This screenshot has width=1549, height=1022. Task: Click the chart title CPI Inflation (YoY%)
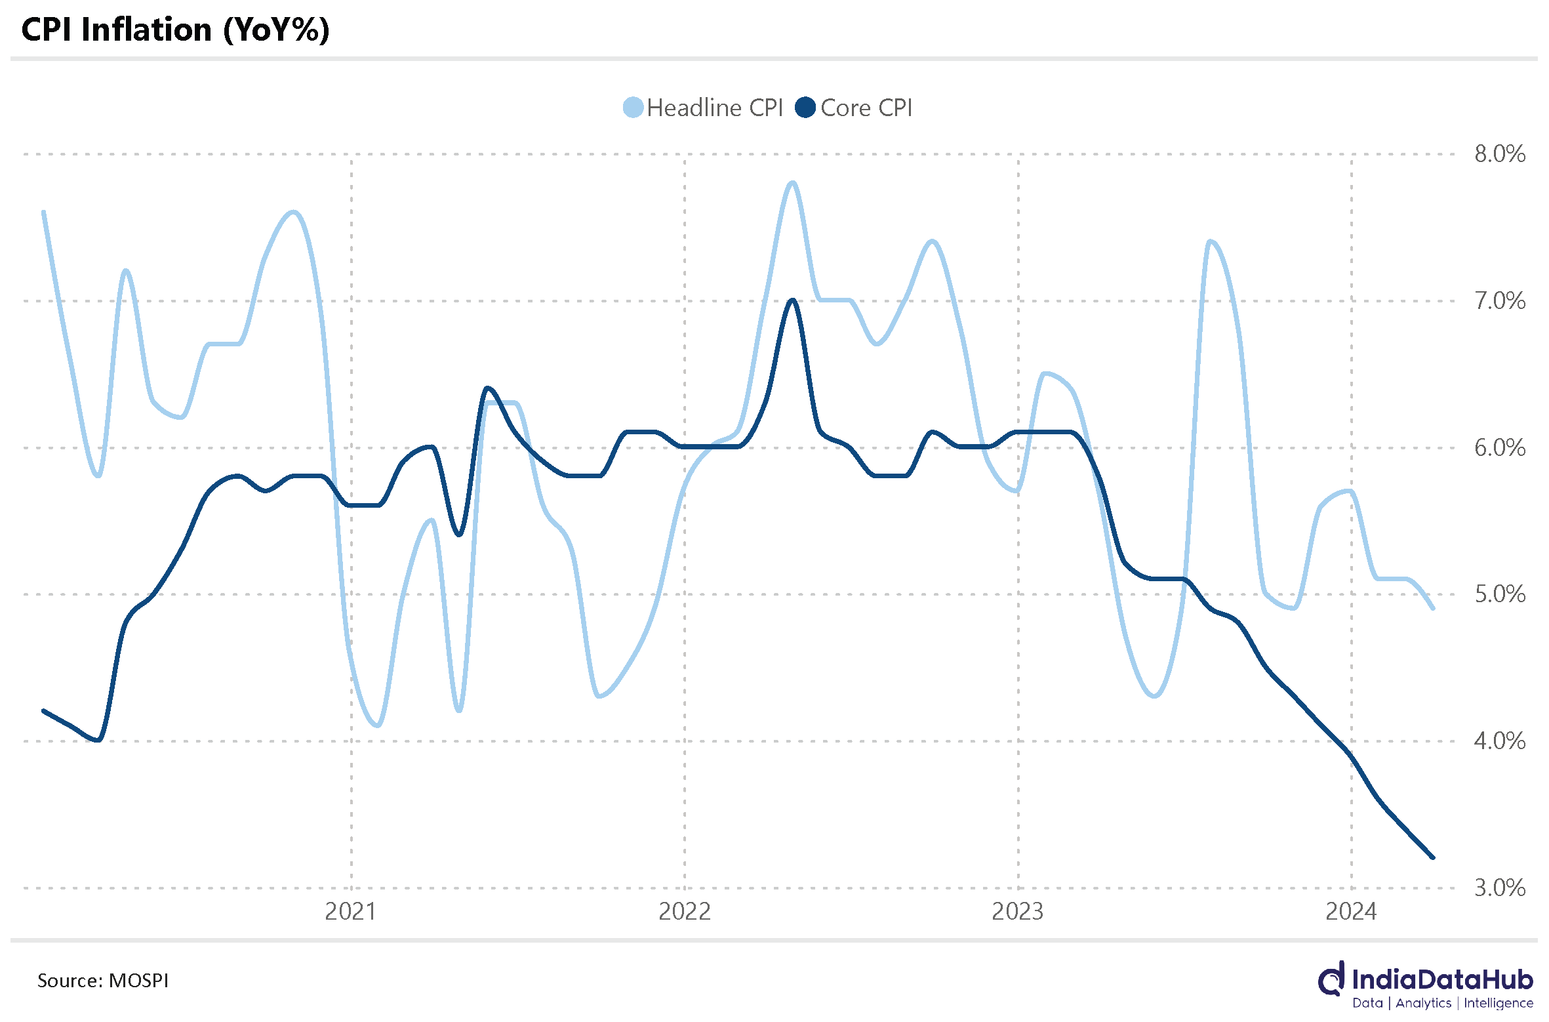point(175,30)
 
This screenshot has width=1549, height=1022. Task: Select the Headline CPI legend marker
point(633,108)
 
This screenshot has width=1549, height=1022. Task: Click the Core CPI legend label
point(866,108)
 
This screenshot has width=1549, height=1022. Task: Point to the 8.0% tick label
point(1500,154)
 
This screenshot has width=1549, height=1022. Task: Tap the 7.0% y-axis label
point(1500,301)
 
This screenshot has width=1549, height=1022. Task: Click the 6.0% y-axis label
point(1500,448)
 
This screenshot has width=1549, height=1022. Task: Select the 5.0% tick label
point(1500,594)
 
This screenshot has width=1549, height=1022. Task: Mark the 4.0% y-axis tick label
point(1500,741)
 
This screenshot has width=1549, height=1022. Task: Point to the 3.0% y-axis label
point(1500,888)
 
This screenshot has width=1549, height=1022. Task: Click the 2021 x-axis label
point(351,912)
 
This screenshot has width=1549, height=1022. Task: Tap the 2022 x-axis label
point(685,912)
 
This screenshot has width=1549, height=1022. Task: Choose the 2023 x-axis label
point(1018,912)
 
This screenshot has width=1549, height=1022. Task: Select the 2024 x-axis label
point(1351,912)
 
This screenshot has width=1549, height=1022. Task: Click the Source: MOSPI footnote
point(103,981)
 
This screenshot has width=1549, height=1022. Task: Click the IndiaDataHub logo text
point(1441,980)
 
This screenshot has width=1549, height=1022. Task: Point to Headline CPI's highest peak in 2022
point(792,183)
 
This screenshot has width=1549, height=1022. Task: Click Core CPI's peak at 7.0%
point(793,300)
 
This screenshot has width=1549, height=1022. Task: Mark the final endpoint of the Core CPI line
point(1433,857)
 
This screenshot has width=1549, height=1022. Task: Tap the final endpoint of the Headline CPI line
point(1433,608)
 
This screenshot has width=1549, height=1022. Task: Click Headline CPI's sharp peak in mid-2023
point(1210,242)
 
